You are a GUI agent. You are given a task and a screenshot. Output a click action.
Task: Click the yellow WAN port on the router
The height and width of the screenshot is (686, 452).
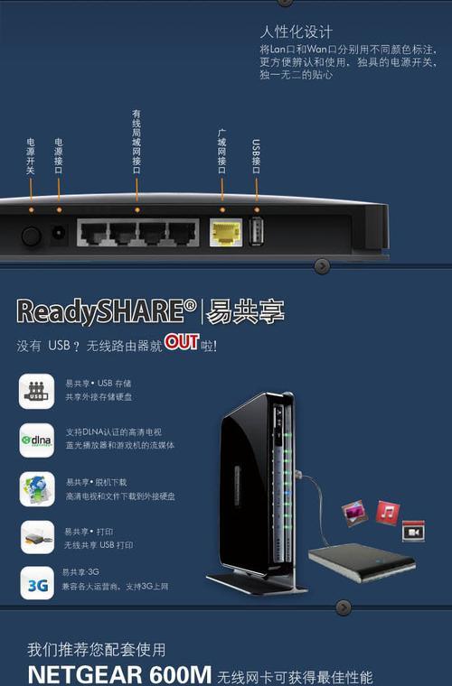point(226,232)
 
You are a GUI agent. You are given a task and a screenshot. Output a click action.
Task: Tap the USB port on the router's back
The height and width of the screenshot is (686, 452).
point(257,231)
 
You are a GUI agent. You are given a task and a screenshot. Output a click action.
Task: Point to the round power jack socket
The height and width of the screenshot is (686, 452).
point(59,232)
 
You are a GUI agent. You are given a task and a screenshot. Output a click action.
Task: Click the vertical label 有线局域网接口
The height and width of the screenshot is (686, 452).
point(137,142)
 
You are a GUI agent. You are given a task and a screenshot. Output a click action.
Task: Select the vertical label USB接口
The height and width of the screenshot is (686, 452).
point(256,156)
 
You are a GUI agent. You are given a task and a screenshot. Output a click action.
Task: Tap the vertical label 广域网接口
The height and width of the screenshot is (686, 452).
point(222,152)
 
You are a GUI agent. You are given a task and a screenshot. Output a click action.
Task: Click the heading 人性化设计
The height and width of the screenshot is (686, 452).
point(297,32)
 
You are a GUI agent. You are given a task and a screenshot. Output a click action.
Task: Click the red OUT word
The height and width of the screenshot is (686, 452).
point(182,342)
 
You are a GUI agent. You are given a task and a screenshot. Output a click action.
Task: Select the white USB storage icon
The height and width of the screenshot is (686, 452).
point(37,391)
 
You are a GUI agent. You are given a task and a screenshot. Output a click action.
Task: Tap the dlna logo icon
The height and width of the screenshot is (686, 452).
point(37,440)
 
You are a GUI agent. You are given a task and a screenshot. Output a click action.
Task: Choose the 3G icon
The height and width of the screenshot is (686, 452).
point(37,583)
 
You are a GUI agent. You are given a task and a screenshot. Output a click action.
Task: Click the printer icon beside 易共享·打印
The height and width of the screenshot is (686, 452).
point(37,537)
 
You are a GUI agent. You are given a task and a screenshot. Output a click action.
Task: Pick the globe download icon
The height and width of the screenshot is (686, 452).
point(37,488)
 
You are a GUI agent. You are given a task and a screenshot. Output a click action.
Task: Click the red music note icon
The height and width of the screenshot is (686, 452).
point(388,512)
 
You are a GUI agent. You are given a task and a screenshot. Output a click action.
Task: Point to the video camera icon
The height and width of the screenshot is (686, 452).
point(413,532)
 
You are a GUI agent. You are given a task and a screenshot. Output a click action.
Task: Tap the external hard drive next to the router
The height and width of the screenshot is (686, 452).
point(363,562)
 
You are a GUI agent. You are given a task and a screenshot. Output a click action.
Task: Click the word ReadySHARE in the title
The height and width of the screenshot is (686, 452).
point(107,312)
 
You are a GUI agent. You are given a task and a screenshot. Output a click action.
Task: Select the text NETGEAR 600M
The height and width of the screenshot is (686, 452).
point(119,674)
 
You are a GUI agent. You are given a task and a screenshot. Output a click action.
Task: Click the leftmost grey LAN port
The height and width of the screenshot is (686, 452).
point(93,232)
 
